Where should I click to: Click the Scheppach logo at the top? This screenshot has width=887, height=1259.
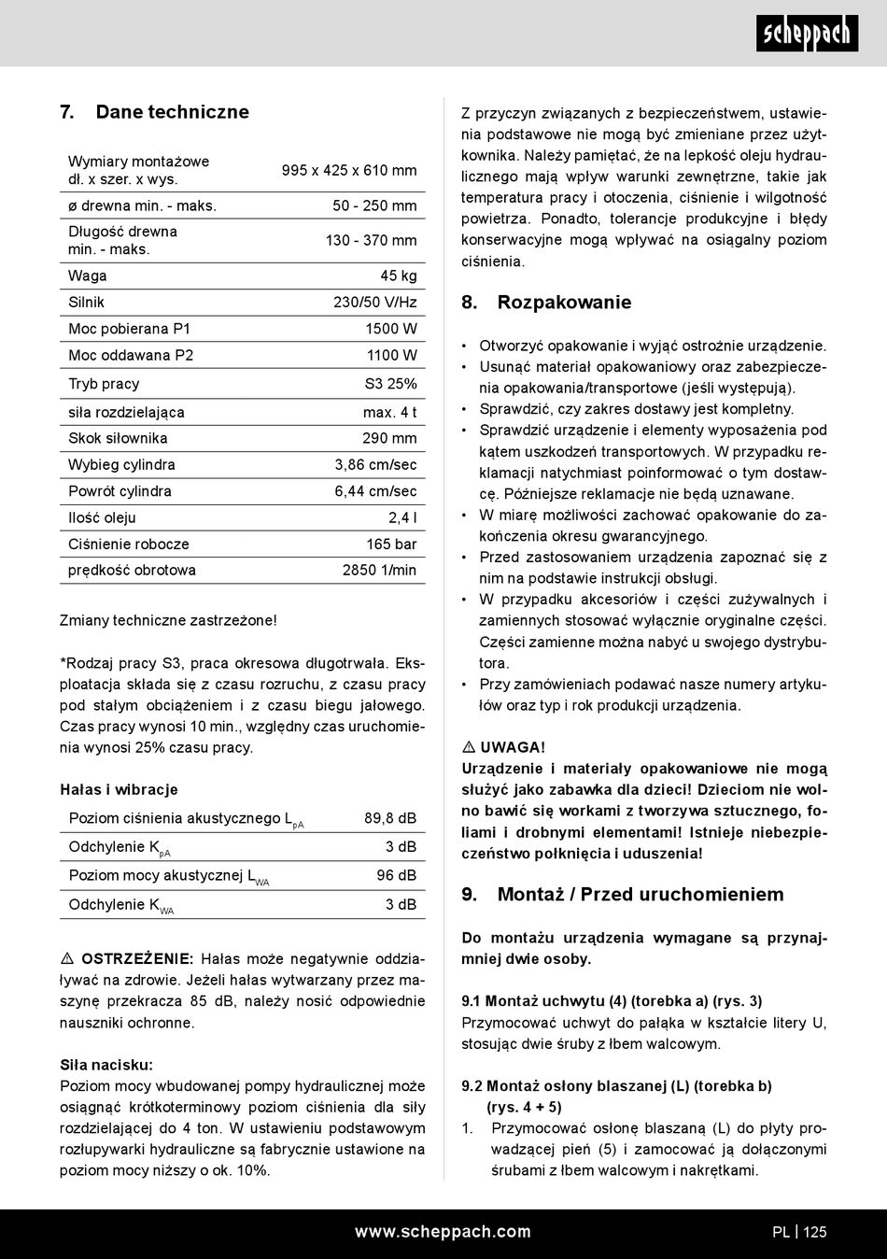pos(807,34)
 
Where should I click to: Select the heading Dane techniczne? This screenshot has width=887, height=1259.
pos(172,112)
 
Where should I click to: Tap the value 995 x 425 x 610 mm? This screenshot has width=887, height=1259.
pos(349,170)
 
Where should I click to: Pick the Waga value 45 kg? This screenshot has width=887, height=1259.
pos(399,276)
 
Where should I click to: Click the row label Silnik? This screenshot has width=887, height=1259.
pos(87,302)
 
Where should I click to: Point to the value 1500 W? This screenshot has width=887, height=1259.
pos(391,329)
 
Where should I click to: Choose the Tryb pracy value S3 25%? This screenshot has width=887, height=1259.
pos(390,383)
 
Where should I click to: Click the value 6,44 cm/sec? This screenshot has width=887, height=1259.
pos(375,491)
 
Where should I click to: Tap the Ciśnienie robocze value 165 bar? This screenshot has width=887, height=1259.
pos(391,544)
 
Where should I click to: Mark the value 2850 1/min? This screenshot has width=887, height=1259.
pos(379,570)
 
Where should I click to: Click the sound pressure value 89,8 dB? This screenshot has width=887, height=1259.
pos(390,818)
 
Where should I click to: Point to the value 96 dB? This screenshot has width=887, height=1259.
pos(397,875)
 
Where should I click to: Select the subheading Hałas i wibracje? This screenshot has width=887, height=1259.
pos(119,789)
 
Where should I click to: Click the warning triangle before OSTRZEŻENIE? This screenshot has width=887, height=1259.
pos(67,959)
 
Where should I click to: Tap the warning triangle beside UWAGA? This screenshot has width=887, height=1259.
pos(469,747)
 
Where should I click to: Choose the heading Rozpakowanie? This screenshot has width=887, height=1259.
pos(564,302)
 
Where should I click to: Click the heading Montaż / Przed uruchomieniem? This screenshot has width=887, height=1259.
pos(641,894)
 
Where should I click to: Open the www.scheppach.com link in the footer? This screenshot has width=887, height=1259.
pos(443,1231)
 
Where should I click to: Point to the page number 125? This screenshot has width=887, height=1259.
pos(815,1231)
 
